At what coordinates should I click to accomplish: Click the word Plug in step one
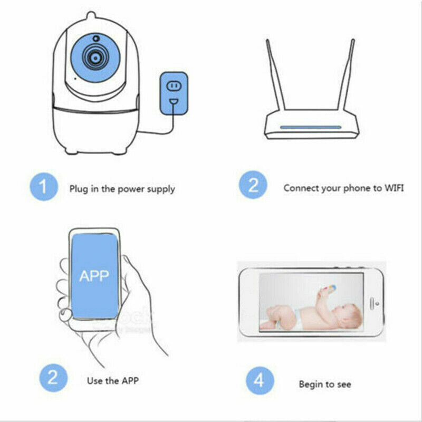click(79, 188)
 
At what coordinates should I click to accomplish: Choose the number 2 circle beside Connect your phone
click(254, 187)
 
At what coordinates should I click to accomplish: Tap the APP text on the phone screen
click(93, 275)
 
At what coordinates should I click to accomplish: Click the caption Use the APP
click(112, 380)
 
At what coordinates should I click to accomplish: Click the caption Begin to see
click(324, 384)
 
